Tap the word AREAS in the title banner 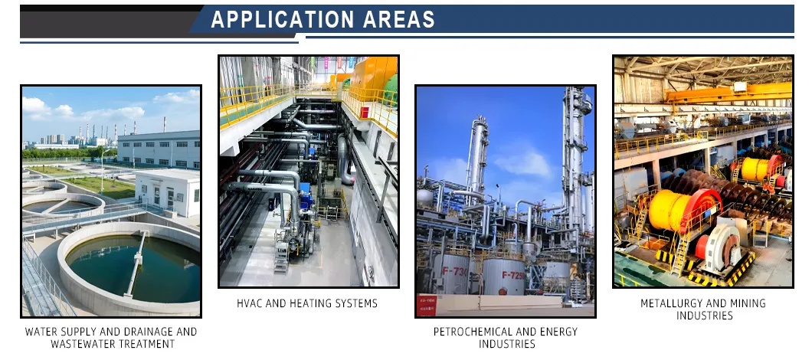tap(398, 20)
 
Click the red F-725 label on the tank tap(512, 274)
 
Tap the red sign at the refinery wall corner tap(427, 305)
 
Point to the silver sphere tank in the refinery tap(424, 197)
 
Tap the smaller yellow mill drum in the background tap(757, 169)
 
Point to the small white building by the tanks tap(167, 191)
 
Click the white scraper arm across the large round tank tap(136, 263)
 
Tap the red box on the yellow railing tap(365, 111)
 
